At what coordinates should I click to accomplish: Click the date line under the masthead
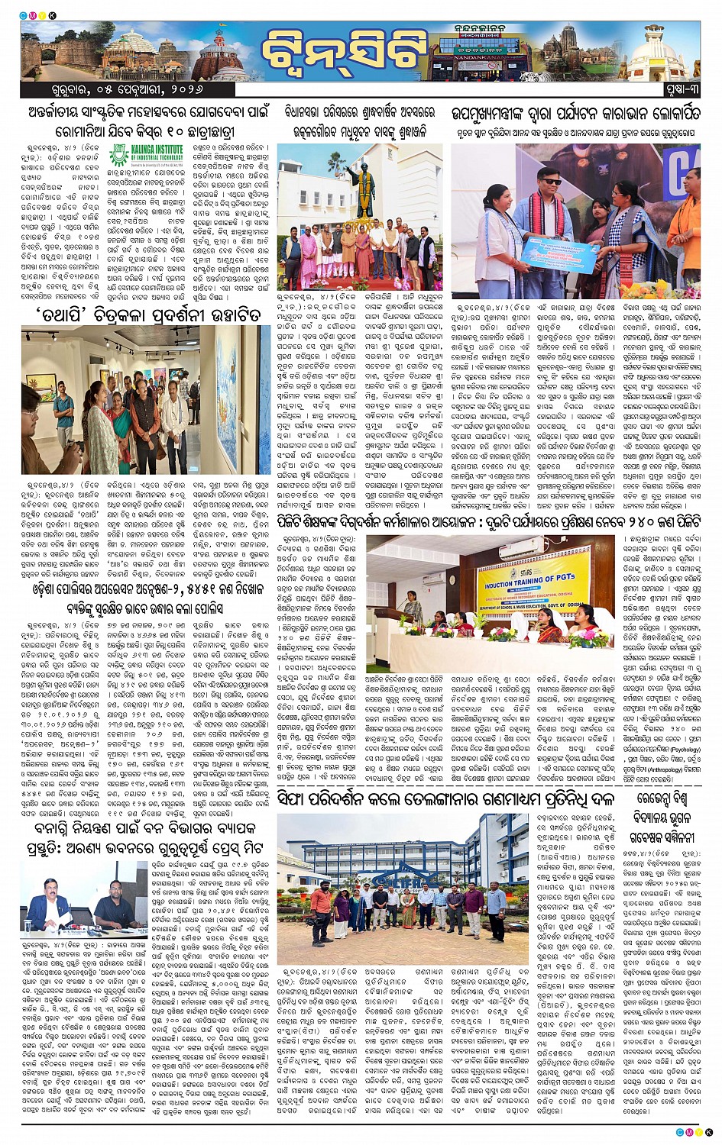pyautogui.click(x=99, y=90)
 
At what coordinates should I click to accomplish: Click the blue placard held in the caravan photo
pyautogui.click(x=558, y=252)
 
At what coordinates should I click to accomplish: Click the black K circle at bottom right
pyautogui.click(x=708, y=1131)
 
